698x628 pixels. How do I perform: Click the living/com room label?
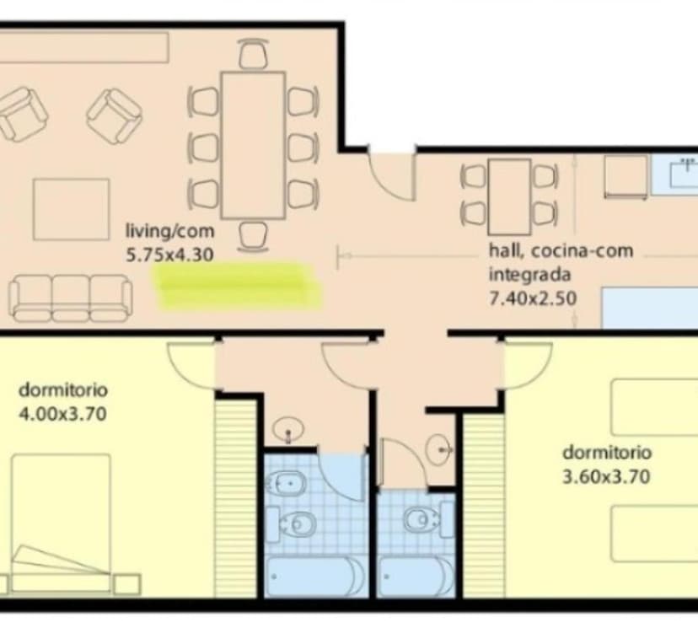tap(169, 232)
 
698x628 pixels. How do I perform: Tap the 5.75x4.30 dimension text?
tap(169, 255)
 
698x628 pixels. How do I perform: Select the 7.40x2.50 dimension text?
tap(533, 298)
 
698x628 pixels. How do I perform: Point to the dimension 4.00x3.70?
tap(62, 415)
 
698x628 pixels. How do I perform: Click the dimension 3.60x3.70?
tap(606, 477)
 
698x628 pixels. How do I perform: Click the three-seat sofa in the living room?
tap(70, 298)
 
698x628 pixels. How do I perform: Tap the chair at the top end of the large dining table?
tap(253, 53)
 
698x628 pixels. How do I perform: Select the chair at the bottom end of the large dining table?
tap(253, 237)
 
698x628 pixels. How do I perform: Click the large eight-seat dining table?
tap(253, 145)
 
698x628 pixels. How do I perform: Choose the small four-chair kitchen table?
tap(509, 196)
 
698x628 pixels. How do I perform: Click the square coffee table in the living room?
tap(71, 209)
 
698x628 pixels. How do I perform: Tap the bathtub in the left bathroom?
tap(315, 577)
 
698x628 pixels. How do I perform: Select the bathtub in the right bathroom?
tap(416, 577)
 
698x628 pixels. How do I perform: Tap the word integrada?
tap(529, 275)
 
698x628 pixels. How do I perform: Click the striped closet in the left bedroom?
tap(235, 498)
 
